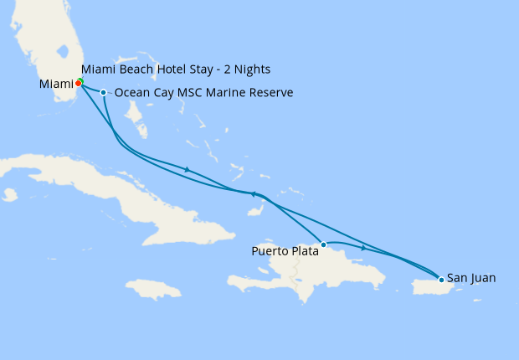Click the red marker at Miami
pos(78,84)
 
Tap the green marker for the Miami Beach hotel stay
pos(80,80)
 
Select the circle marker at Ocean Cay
pos(103,93)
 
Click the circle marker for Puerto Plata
pos(323,244)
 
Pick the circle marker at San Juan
pos(441,280)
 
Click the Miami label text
pos(55,84)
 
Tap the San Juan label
pos(471,277)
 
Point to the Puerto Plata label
pos(285,249)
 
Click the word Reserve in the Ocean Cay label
pos(269,93)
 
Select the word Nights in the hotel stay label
pos(253,69)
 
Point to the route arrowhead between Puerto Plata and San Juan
pos(362,249)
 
